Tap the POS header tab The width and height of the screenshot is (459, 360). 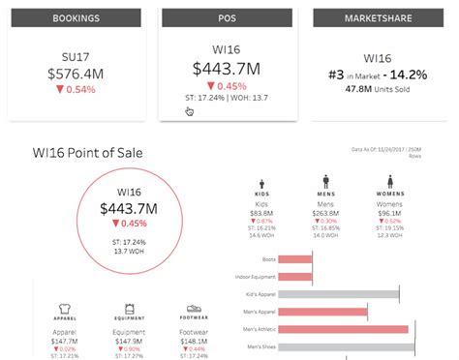227,18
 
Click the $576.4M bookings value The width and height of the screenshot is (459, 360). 72,73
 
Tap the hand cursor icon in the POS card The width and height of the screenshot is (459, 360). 190,112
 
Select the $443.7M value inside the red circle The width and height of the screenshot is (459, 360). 130,207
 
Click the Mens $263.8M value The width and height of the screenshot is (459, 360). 326,214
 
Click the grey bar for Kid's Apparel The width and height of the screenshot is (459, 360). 330,293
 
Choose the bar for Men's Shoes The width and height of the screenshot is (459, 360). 330,346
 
